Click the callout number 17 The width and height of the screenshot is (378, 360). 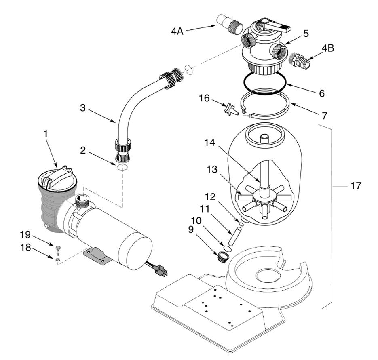click(x=356, y=186)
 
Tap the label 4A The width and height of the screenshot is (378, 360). click(x=177, y=31)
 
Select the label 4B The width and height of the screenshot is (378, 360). click(x=328, y=48)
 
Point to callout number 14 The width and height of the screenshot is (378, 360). click(x=209, y=142)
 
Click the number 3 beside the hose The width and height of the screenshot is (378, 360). click(x=83, y=108)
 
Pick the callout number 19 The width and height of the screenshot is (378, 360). click(x=25, y=234)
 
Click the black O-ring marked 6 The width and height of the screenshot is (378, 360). click(x=265, y=83)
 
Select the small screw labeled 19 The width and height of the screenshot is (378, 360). click(x=58, y=249)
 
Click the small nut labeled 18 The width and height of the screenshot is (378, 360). click(x=57, y=259)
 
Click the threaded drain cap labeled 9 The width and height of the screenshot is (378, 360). click(x=221, y=257)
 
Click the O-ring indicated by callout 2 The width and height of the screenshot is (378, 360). click(x=122, y=167)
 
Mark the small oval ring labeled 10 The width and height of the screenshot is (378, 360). click(x=228, y=248)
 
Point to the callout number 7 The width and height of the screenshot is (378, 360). click(x=325, y=116)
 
